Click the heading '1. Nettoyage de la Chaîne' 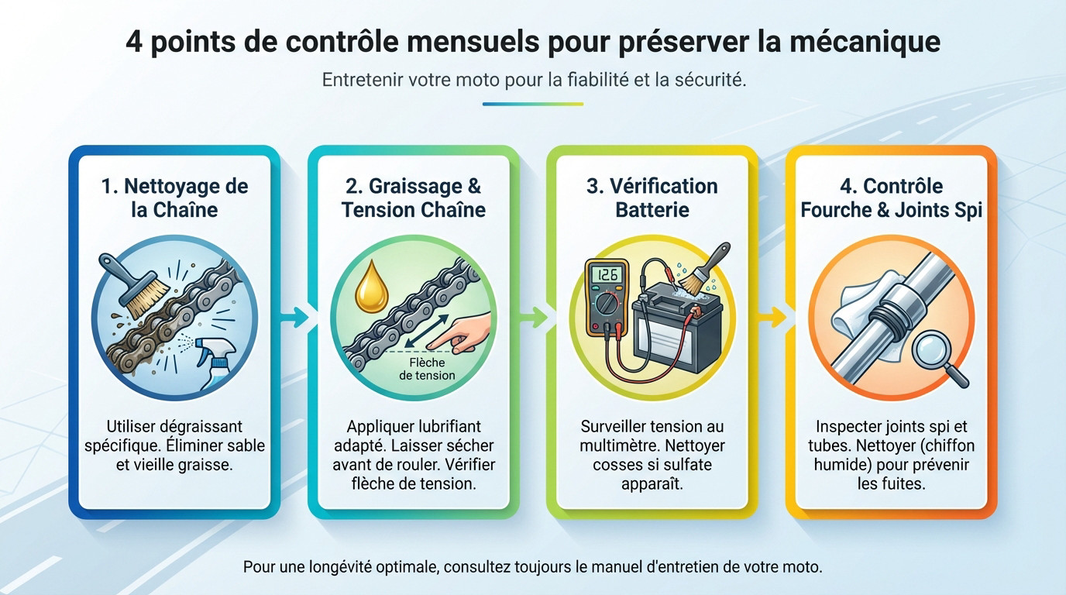pos(174,198)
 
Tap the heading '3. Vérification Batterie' pos(652,198)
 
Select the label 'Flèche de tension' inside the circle pos(427,368)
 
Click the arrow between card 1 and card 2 pos(294,316)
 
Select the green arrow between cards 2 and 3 pos(533,316)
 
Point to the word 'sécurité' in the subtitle pos(708,80)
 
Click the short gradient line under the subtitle pos(532,104)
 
